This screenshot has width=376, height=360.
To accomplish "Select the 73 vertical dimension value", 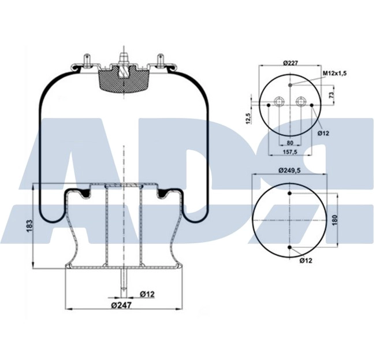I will point(331,94).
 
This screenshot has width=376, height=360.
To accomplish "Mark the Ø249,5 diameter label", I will point(290,170).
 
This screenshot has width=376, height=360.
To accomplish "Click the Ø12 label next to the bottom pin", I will point(147,294).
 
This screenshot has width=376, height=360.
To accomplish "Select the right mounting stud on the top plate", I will point(161,60).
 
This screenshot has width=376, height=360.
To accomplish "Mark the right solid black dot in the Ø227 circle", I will point(312,105).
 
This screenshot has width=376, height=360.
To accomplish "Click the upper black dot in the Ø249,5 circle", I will point(289,192).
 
